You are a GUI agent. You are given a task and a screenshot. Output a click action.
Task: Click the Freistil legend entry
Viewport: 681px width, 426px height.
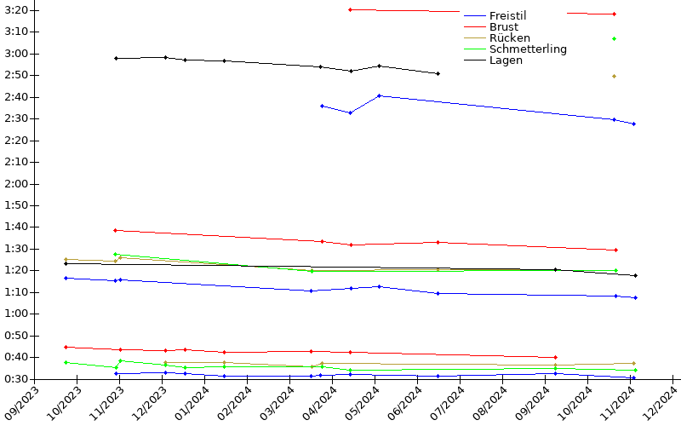pyautogui.click(x=508, y=15)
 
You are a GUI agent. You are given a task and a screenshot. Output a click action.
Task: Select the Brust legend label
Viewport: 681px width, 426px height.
pyautogui.click(x=503, y=26)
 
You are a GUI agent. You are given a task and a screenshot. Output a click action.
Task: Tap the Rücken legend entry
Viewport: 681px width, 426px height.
pyautogui.click(x=509, y=37)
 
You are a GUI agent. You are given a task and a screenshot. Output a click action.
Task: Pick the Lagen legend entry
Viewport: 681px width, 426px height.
pyautogui.click(x=506, y=60)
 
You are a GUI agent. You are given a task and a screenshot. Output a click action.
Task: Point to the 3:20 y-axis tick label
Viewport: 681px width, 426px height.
pyautogui.click(x=16, y=10)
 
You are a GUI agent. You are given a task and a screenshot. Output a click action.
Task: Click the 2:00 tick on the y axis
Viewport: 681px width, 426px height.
pyautogui.click(x=16, y=183)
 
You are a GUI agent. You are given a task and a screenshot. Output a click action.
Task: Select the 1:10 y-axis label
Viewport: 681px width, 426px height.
pyautogui.click(x=16, y=291)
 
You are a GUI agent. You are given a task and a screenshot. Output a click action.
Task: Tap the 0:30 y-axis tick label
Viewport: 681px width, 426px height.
pyautogui.click(x=16, y=378)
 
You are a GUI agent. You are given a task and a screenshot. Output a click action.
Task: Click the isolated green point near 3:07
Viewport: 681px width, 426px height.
pyautogui.click(x=614, y=38)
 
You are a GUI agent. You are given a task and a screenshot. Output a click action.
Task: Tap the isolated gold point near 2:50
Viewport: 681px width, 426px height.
pyautogui.click(x=614, y=76)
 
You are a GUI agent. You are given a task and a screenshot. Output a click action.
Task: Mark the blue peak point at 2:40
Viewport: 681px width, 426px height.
pyautogui.click(x=379, y=95)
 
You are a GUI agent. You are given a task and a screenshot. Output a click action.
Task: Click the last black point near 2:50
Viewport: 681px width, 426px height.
pyautogui.click(x=438, y=73)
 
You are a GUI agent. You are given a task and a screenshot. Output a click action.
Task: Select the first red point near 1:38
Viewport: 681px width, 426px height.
pyautogui.click(x=116, y=230)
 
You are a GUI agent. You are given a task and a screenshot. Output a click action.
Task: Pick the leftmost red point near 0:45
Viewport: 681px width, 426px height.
pyautogui.click(x=66, y=347)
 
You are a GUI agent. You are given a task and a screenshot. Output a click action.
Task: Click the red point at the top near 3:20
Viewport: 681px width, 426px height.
pyautogui.click(x=351, y=9)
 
